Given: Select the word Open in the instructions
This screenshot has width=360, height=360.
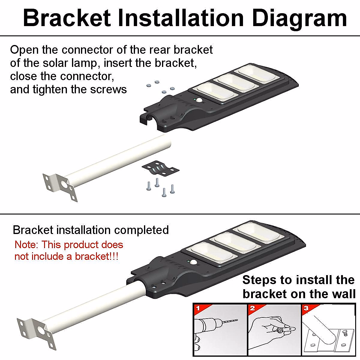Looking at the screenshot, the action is point(25,50).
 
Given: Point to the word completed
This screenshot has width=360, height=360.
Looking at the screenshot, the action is point(141,230).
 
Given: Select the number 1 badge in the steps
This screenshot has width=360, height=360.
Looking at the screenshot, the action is point(198,308).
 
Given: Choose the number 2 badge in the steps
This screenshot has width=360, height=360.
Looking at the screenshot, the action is point(252,308).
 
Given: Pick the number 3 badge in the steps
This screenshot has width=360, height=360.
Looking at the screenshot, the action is point(306,308).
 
